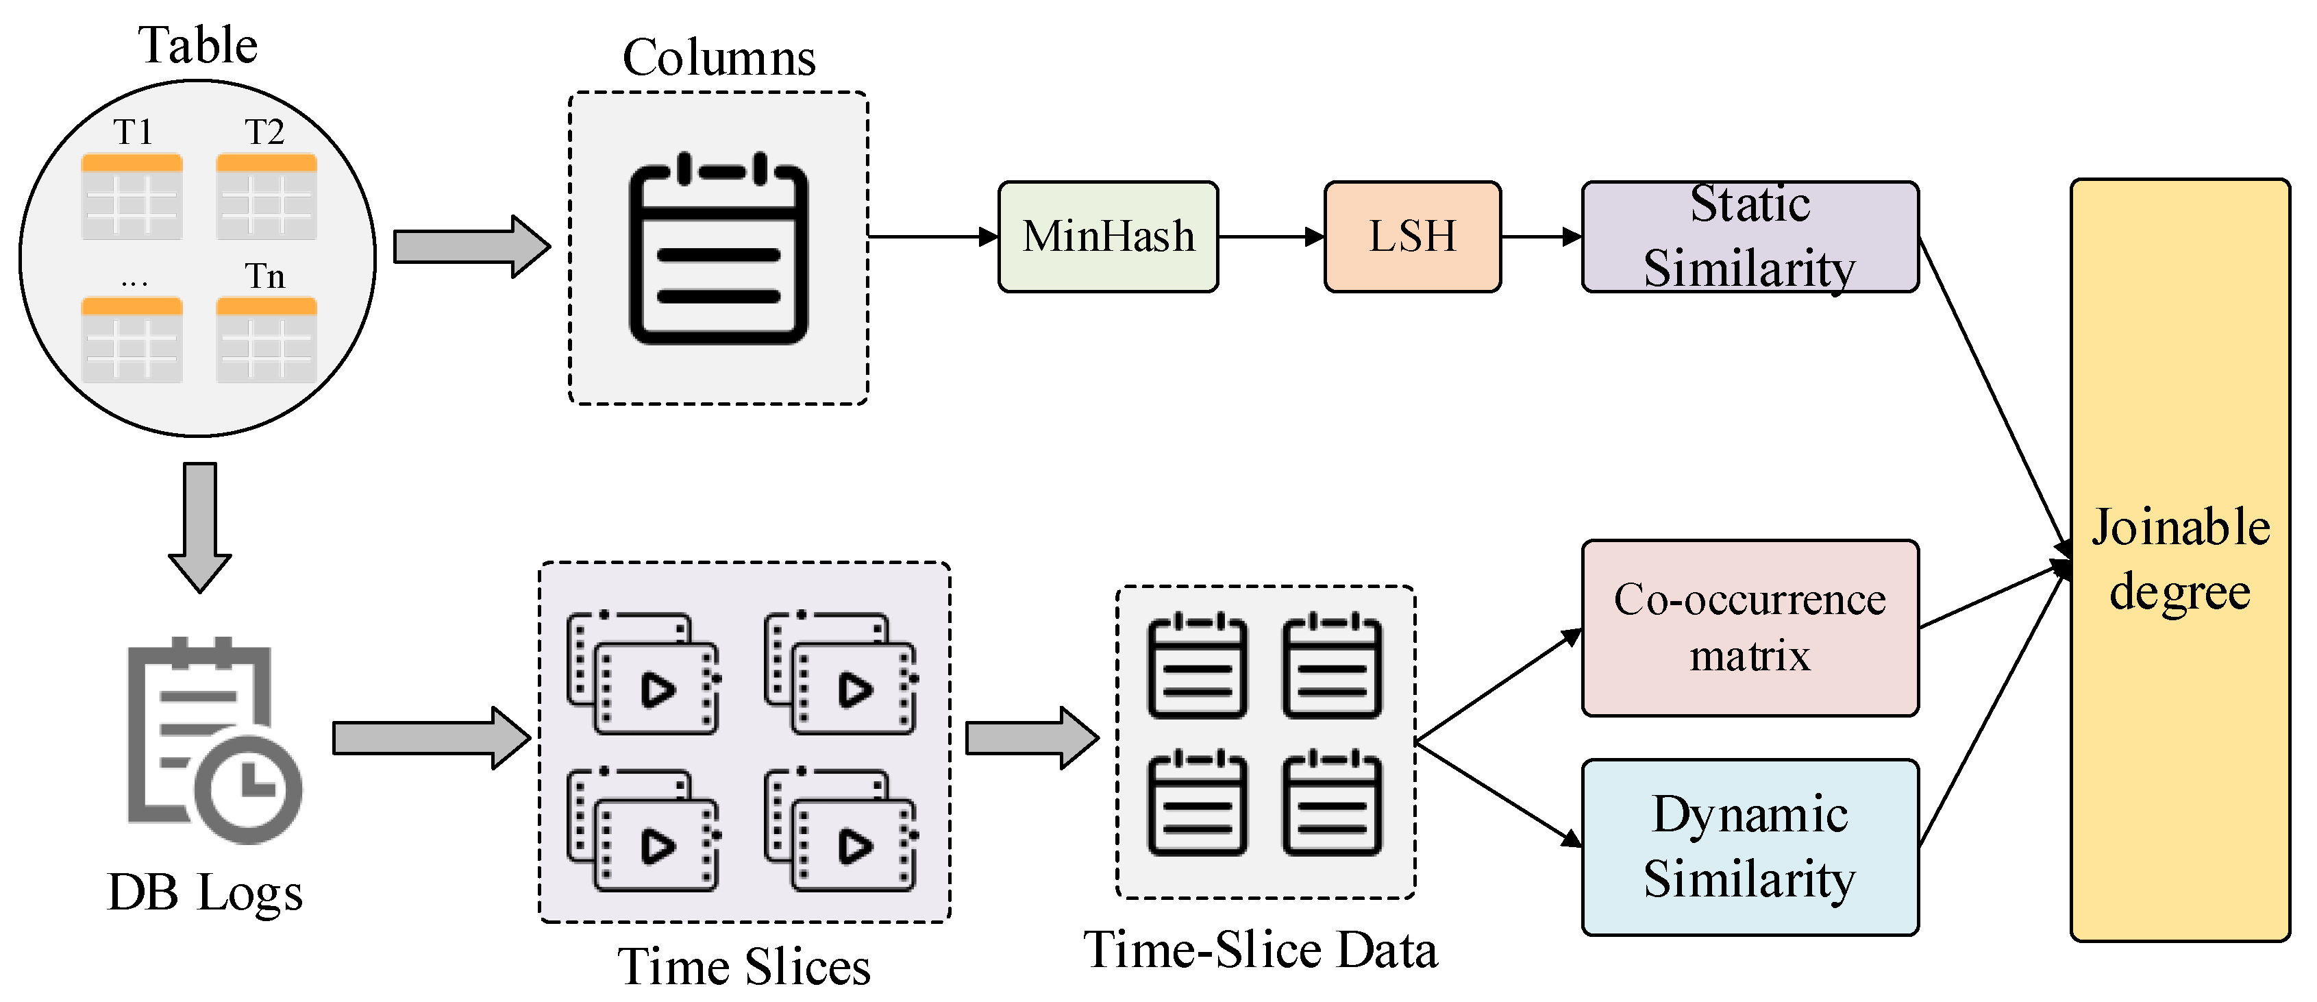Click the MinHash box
1108,236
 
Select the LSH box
1412,236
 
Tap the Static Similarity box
1750,236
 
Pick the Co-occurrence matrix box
1750,628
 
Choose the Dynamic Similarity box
1750,847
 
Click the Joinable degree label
2180,559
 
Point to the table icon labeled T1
132,196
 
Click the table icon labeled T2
267,196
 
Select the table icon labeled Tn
267,340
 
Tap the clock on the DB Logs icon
248,789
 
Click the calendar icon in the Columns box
719,248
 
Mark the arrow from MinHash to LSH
1272,236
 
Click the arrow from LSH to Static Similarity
1541,236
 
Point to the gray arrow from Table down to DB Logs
199,528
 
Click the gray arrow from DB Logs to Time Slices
432,737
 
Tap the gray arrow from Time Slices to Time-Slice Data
1032,737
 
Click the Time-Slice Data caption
1261,950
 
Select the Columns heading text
719,58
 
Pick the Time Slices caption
744,968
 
